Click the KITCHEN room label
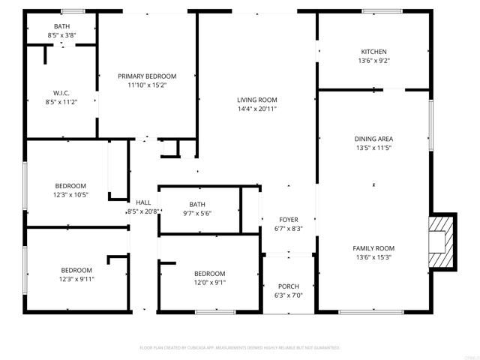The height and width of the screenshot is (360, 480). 373,52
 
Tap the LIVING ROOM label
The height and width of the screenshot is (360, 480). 257,100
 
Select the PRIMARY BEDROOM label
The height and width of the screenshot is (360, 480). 147,76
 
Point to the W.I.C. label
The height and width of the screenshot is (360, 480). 61,93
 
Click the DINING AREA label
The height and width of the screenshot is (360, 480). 373,139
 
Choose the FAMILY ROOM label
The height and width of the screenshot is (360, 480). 373,248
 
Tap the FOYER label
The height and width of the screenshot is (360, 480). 288,220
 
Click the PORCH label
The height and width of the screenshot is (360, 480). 288,286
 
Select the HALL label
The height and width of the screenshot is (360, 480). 143,202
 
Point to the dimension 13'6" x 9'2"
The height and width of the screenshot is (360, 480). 373,61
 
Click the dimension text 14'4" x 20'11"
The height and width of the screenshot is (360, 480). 257,109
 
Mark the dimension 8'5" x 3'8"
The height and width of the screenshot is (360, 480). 61,35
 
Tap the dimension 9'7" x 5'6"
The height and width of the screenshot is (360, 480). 197,213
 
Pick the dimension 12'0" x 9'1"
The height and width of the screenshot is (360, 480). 209,283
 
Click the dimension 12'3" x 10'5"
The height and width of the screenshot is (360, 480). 70,195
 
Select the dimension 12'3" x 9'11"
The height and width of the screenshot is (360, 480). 76,279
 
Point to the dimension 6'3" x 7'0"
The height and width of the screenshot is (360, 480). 288,295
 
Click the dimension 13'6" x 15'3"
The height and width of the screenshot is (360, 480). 373,257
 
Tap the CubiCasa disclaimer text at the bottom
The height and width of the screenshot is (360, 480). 240,348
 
